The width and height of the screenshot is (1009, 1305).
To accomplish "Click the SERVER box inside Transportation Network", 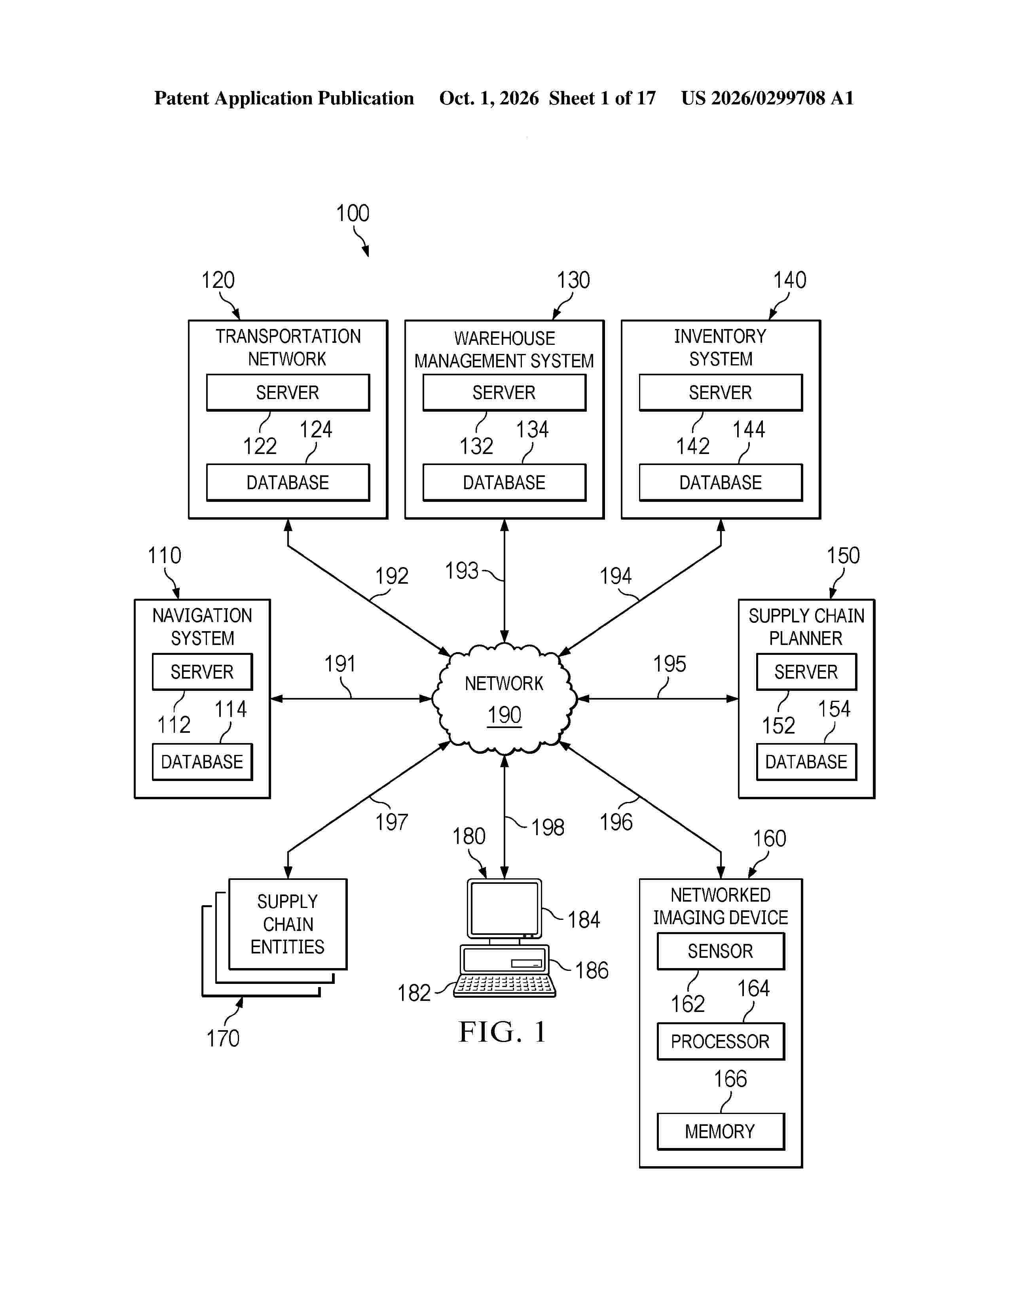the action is [x=288, y=393].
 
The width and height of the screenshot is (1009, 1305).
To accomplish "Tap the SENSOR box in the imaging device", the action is [x=720, y=951].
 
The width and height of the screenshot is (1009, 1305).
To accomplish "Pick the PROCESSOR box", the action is [x=720, y=1042].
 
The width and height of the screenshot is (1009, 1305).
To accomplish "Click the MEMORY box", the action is [x=720, y=1131].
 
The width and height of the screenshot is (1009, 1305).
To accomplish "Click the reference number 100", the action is [x=353, y=213].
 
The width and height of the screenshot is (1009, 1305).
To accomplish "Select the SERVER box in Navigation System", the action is [x=202, y=671].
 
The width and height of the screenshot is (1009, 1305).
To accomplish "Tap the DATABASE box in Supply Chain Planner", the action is [x=806, y=762].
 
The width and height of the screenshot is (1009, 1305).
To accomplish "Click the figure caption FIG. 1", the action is [x=502, y=1032].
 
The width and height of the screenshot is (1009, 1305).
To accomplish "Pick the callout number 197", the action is [x=391, y=822].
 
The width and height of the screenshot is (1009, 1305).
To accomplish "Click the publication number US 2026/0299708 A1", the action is [x=768, y=98].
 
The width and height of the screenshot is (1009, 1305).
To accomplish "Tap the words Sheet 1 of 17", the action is [x=603, y=98].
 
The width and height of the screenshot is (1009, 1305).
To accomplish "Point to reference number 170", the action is [x=223, y=1038].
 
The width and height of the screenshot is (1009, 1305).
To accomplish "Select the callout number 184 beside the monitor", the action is [x=583, y=919].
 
